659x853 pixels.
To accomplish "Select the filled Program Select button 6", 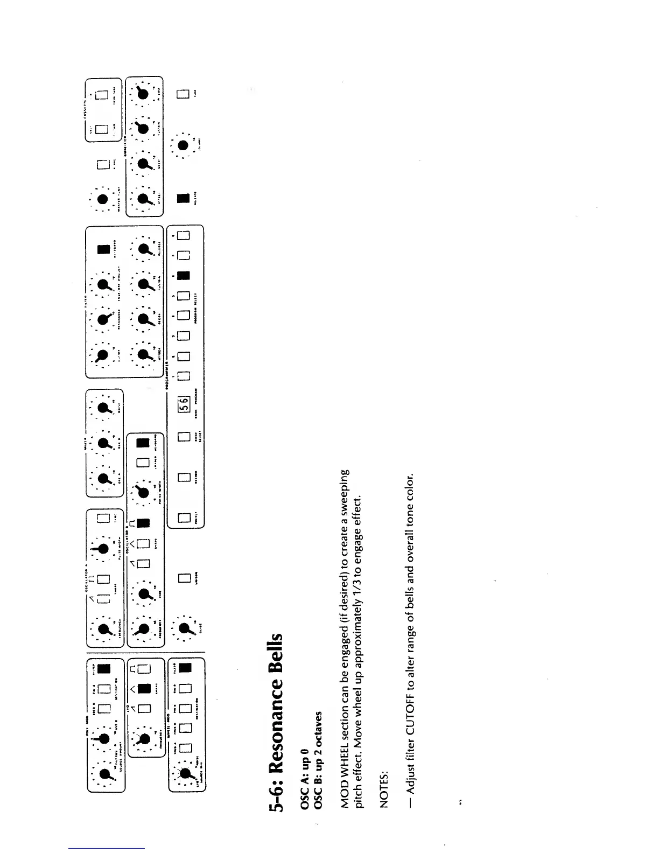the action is point(184,276).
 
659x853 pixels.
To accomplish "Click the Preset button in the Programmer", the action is point(184,519).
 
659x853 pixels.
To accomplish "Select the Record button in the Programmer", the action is point(184,477).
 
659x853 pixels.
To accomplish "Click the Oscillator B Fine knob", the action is point(144,593).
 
